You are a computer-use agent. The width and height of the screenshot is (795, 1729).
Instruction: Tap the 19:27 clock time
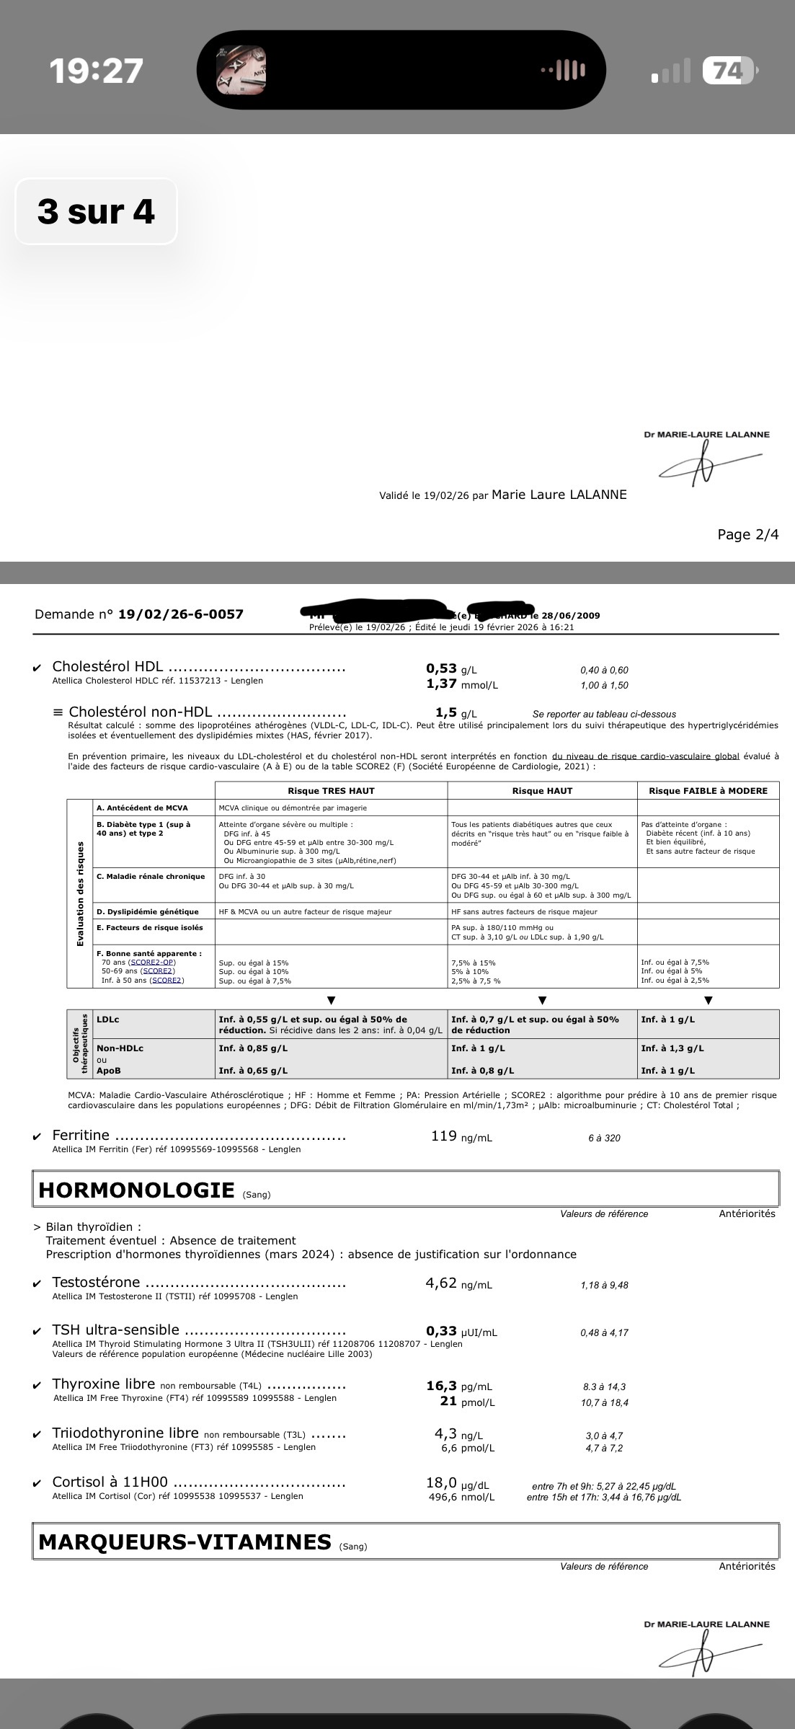(x=97, y=71)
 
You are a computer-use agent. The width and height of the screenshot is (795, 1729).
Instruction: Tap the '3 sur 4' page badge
(x=96, y=211)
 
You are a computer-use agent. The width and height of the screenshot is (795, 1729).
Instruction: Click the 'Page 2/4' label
(x=747, y=534)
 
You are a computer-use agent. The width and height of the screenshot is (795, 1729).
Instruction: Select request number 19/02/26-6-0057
(x=180, y=614)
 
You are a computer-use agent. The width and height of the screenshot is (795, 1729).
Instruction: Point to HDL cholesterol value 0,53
(x=441, y=668)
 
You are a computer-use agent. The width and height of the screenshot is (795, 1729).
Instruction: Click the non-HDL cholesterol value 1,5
(x=445, y=712)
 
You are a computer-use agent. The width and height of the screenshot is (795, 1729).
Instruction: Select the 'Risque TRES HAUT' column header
(x=331, y=790)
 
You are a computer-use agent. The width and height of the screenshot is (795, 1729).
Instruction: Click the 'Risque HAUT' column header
(x=542, y=790)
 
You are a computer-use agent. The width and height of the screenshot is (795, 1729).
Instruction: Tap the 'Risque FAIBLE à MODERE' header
(x=708, y=790)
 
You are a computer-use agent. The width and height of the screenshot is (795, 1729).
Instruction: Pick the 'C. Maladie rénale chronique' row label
(x=151, y=876)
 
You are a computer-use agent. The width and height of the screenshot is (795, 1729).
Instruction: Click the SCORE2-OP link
(x=152, y=962)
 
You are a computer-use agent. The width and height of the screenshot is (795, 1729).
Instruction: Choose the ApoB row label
(x=109, y=1071)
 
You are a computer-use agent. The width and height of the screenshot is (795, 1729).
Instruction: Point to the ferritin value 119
(x=443, y=1136)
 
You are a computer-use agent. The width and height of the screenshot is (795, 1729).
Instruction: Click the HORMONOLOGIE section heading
(x=136, y=1190)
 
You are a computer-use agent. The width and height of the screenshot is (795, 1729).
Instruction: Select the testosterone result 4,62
(x=441, y=1283)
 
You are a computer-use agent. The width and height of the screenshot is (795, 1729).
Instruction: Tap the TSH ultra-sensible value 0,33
(x=441, y=1331)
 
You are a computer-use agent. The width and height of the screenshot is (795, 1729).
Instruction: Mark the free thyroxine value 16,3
(x=441, y=1385)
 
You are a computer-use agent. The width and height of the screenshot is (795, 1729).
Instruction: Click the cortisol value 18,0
(x=441, y=1483)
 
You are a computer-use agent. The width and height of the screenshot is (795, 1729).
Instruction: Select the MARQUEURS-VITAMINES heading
(x=184, y=1542)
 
